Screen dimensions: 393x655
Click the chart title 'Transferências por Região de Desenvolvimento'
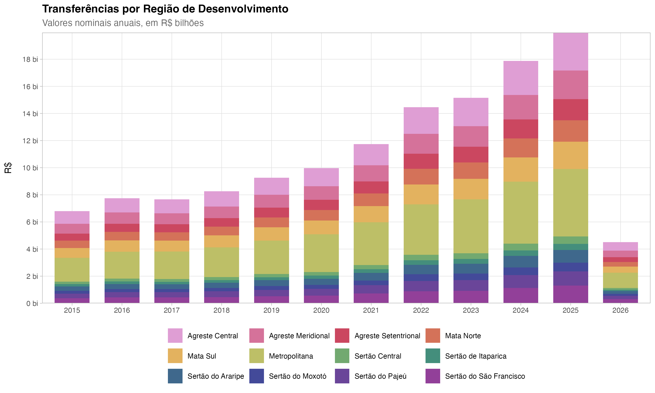pos(165,9)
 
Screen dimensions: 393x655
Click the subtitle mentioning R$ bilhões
pos(123,23)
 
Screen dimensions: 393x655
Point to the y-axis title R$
pos(8,168)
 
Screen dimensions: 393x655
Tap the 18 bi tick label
pos(30,59)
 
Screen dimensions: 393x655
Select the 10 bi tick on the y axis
pos(30,168)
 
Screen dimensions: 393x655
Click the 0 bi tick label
pos(32,303)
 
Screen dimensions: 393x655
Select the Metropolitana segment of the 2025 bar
pos(571,203)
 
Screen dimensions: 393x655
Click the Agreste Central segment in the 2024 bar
pos(521,78)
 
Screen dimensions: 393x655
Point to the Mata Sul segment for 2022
pos(421,194)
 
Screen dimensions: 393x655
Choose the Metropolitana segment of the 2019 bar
pos(271,257)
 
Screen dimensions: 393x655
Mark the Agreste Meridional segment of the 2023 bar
pos(471,136)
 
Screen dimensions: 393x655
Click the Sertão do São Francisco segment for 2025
pos(571,294)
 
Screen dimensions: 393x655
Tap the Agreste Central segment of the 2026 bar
pos(620,246)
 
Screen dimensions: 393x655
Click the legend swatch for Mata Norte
pos(433,336)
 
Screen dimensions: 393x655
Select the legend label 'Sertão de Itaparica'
pos(476,356)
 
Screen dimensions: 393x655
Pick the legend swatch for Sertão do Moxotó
pos(257,376)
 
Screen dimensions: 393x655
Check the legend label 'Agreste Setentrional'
pos(387,336)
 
